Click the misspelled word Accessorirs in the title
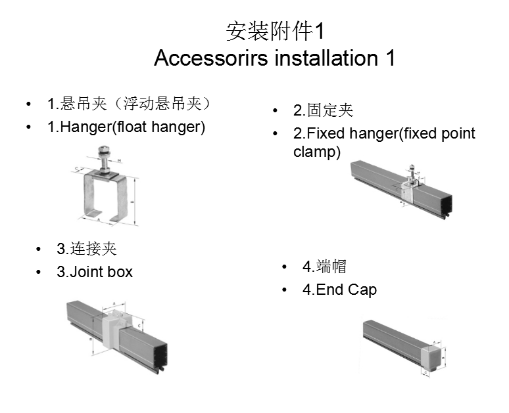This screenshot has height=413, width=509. [210, 58]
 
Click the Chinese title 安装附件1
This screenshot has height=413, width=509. [274, 31]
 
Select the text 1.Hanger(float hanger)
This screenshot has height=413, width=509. [126, 127]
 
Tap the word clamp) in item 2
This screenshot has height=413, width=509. [317, 152]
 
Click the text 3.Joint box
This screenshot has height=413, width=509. [95, 271]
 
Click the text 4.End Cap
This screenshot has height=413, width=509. [339, 290]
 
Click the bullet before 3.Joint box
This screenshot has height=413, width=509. [40, 271]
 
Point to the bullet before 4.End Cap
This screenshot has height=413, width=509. [285, 290]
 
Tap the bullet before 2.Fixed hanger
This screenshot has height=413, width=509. [276, 133]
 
